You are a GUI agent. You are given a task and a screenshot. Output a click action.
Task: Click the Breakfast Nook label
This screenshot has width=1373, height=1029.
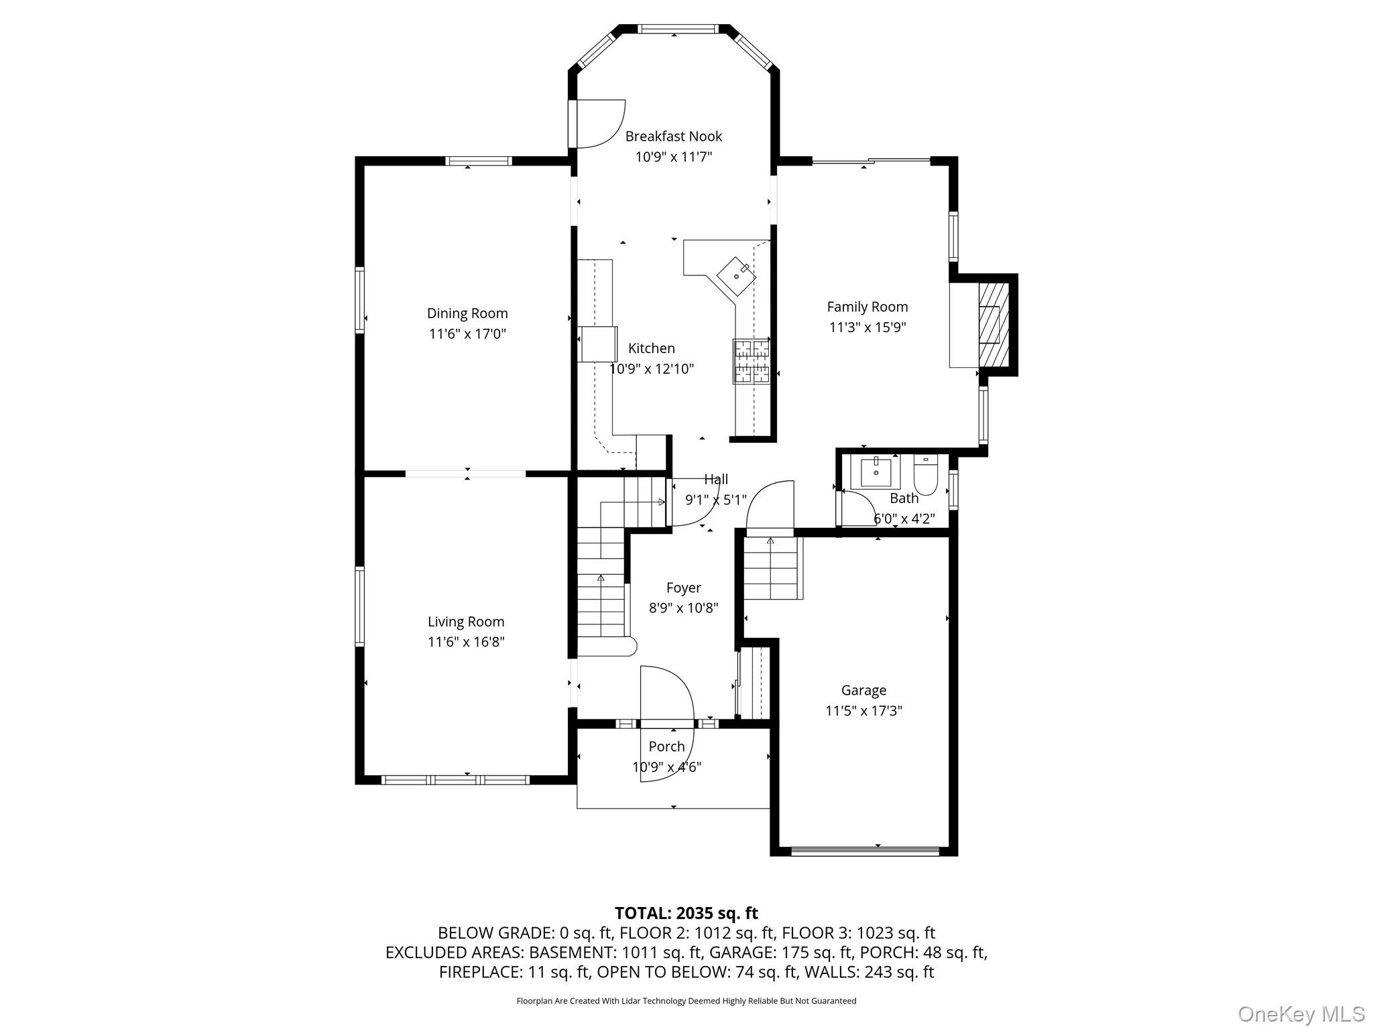pyautogui.click(x=673, y=137)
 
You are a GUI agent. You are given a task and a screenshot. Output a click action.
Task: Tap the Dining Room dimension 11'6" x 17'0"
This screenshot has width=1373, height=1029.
pyautogui.click(x=467, y=334)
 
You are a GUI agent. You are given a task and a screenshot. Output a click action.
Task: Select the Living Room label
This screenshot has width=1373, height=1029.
pyautogui.click(x=466, y=622)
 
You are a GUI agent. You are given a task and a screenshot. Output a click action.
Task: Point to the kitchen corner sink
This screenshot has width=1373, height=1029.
pyautogui.click(x=736, y=275)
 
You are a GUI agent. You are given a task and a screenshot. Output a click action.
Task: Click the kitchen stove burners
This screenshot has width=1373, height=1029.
pyautogui.click(x=751, y=361)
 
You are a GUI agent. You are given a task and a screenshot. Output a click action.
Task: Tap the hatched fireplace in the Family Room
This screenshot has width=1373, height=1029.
pyautogui.click(x=994, y=325)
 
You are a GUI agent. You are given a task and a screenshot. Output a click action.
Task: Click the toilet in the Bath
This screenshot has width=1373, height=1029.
pyautogui.click(x=925, y=474)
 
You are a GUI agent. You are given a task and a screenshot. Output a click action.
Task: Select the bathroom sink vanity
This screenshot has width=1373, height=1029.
pyautogui.click(x=876, y=472)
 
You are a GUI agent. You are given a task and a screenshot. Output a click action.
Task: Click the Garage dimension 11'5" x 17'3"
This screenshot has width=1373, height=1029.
pyautogui.click(x=863, y=711)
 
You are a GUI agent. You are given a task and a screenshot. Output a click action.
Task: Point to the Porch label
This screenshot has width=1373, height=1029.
pyautogui.click(x=666, y=746)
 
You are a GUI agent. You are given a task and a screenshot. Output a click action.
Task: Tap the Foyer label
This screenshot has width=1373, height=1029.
pyautogui.click(x=683, y=588)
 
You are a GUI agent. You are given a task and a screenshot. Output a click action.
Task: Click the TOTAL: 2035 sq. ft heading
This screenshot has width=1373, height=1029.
pyautogui.click(x=686, y=913)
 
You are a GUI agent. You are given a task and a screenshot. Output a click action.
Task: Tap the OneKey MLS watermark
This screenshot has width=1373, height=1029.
pyautogui.click(x=1301, y=1014)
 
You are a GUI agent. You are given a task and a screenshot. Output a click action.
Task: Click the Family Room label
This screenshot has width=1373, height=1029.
pyautogui.click(x=867, y=307)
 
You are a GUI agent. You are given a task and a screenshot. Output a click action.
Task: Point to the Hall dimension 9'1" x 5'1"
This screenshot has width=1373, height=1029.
pyautogui.click(x=715, y=500)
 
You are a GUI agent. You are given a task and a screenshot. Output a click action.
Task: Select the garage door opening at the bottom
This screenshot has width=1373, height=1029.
pyautogui.click(x=865, y=851)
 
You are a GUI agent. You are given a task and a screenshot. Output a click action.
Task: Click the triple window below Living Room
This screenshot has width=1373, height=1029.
pyautogui.click(x=455, y=780)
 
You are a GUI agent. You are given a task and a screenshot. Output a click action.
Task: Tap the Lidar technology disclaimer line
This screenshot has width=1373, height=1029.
pyautogui.click(x=686, y=1001)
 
